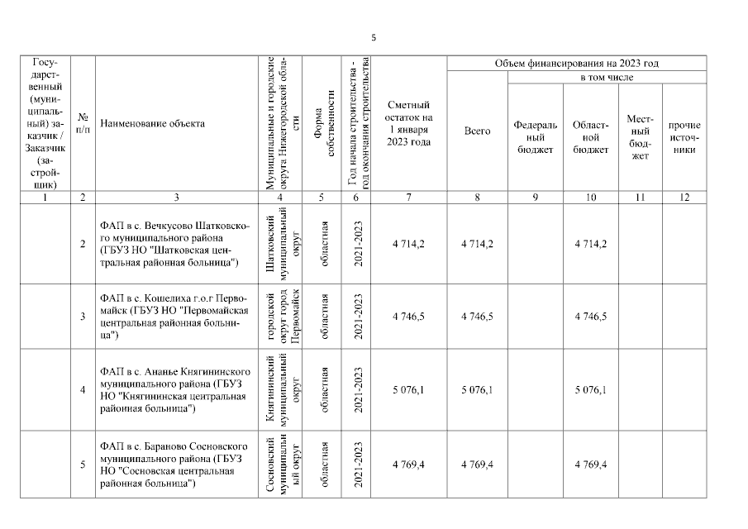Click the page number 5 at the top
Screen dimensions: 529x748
[x=374, y=37]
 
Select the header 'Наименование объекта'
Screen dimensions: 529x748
[x=152, y=124]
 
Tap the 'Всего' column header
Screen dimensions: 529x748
[x=477, y=131]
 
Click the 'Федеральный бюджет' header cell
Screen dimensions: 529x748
[x=535, y=136]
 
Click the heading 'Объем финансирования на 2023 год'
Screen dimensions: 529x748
[x=576, y=64]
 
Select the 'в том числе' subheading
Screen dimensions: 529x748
[x=606, y=77]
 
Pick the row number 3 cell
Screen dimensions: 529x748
[x=83, y=317]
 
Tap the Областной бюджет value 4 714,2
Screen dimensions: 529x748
[x=590, y=244]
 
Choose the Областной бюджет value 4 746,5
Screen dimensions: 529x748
[x=590, y=317]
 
